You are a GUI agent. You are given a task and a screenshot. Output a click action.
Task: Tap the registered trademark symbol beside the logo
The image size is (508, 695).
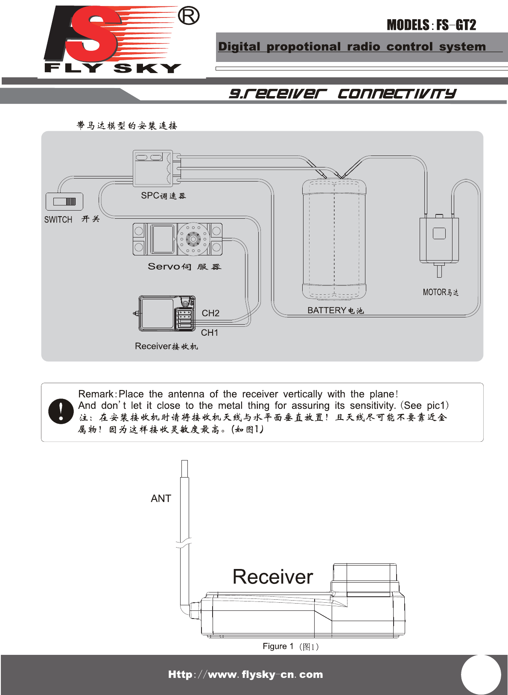[x=188, y=16]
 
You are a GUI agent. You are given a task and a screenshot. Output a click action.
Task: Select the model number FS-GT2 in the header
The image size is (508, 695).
[x=456, y=25]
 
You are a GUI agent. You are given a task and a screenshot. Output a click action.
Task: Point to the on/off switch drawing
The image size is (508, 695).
[x=64, y=202]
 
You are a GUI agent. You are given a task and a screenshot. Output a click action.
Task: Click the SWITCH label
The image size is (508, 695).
[x=58, y=220]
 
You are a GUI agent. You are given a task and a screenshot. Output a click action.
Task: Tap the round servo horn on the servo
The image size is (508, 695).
[x=193, y=239]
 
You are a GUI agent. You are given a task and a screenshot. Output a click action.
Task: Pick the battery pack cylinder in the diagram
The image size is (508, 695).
[x=334, y=239]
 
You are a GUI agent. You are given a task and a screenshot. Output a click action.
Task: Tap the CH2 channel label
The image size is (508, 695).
[x=210, y=313]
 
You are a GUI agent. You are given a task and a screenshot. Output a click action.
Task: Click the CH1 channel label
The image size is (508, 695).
[x=210, y=332]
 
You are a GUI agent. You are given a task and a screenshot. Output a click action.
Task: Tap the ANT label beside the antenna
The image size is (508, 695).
[x=161, y=499]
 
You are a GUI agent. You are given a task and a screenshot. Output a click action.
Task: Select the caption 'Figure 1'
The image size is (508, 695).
[x=278, y=646]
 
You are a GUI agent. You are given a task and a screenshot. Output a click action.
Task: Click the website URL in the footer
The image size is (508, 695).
[x=245, y=674]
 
